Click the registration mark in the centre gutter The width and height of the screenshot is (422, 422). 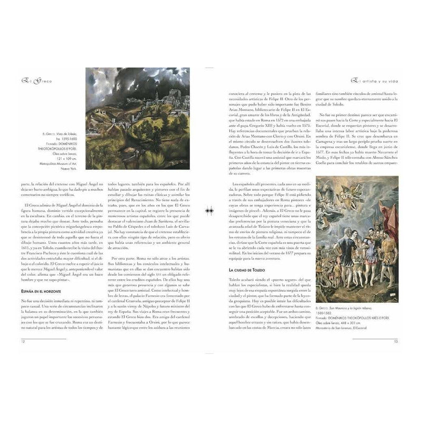210,210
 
